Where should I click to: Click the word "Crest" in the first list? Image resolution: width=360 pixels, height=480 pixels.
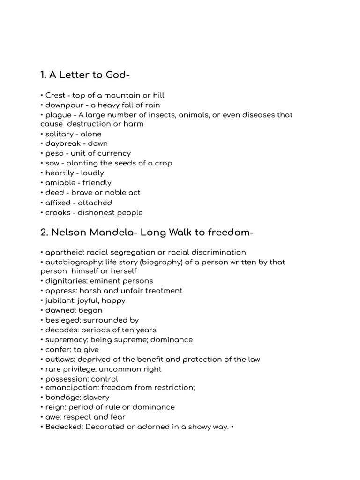pyautogui.click(x=55, y=95)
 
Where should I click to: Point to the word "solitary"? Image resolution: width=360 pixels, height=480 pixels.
pyautogui.click(x=59, y=134)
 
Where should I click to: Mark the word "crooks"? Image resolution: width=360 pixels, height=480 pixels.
pyautogui.click(x=57, y=212)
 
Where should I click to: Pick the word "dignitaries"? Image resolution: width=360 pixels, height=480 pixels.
pyautogui.click(x=64, y=281)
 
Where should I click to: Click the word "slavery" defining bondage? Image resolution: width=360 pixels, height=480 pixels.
pyautogui.click(x=96, y=397)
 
